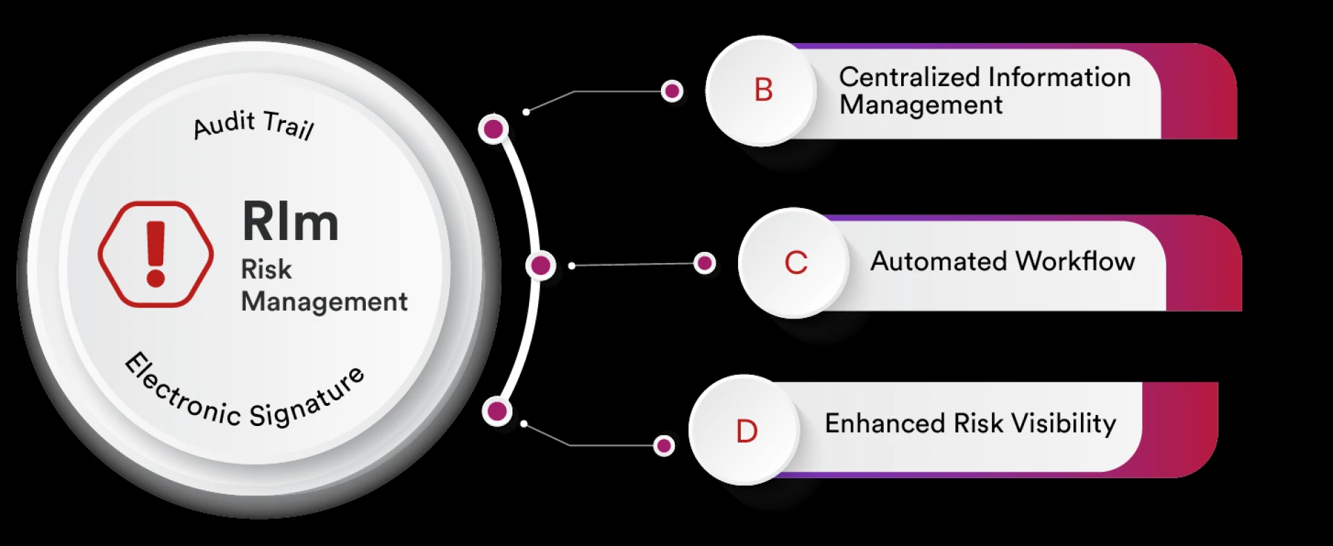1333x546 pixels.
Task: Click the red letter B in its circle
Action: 764,90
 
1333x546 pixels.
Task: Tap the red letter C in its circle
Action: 796,263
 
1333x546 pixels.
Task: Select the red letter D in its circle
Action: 746,432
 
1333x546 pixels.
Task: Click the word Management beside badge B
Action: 921,105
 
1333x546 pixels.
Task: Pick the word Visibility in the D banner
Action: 1063,423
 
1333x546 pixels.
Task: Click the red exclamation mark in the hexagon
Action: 156,254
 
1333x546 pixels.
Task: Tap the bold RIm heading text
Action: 290,222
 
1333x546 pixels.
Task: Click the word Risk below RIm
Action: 266,269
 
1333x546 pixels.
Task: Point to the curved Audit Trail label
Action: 253,124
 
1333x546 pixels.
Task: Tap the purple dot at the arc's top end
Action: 494,129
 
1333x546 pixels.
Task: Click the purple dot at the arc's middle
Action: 540,265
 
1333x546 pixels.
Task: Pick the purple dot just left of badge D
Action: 664,445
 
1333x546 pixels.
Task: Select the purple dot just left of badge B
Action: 671,91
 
